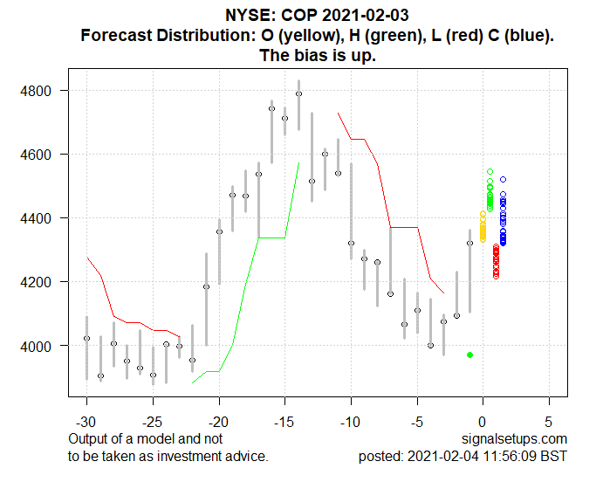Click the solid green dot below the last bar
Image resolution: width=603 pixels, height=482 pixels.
point(469,355)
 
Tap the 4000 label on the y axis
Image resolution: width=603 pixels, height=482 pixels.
point(45,347)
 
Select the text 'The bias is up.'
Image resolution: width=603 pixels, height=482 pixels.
point(318,54)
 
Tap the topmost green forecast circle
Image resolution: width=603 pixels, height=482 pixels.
point(490,172)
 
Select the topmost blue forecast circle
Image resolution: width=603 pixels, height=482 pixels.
point(503,179)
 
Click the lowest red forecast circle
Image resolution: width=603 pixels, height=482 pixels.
point(496,276)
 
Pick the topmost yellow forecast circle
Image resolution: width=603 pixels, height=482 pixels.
point(483,213)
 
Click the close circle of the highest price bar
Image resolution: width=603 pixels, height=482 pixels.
point(298,93)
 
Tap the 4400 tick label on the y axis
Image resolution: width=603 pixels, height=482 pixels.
point(45,218)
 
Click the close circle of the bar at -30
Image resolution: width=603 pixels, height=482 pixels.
point(86,338)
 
